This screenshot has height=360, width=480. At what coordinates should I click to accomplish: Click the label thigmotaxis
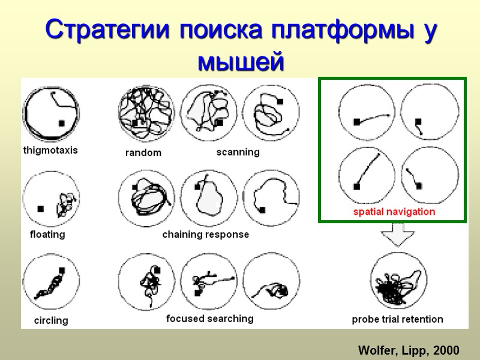[x=50, y=151]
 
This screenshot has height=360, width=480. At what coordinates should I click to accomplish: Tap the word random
[x=143, y=153]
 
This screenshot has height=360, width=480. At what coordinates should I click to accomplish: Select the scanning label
[x=238, y=152]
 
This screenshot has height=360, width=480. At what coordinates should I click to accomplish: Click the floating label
[x=47, y=235]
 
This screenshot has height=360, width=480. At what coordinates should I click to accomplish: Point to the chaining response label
[x=205, y=235]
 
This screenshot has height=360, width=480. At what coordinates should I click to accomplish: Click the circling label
[x=51, y=320]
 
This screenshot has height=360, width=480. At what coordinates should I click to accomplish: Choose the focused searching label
[x=209, y=319]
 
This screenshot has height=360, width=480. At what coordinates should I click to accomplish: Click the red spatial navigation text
[x=394, y=212]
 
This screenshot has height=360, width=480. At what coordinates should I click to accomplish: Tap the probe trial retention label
[x=397, y=319]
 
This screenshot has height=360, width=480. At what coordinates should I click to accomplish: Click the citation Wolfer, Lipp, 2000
[x=409, y=350]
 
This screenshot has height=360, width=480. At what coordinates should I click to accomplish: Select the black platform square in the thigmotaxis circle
[x=61, y=123]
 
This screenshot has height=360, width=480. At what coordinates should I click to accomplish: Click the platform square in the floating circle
[x=40, y=209]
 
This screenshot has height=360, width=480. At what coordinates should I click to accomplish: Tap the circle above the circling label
[x=50, y=283]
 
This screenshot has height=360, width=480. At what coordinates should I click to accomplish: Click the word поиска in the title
[x=229, y=30]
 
